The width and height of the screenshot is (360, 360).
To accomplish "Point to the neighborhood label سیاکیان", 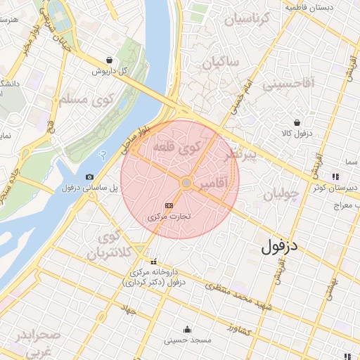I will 221,63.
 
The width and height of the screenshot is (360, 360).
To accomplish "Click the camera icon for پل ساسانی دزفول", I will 89,176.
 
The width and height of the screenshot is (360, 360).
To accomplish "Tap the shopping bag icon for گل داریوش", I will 108,60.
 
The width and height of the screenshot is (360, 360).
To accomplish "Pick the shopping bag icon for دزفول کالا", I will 297,122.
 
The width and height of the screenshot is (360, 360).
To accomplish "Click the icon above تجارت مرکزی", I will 168,205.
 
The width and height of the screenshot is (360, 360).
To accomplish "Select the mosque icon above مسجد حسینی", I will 187,329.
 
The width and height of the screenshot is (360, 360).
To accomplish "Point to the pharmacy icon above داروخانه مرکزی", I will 154,262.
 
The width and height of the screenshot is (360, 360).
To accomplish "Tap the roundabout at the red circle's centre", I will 186,183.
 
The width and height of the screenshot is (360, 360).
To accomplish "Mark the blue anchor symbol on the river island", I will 103,155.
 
